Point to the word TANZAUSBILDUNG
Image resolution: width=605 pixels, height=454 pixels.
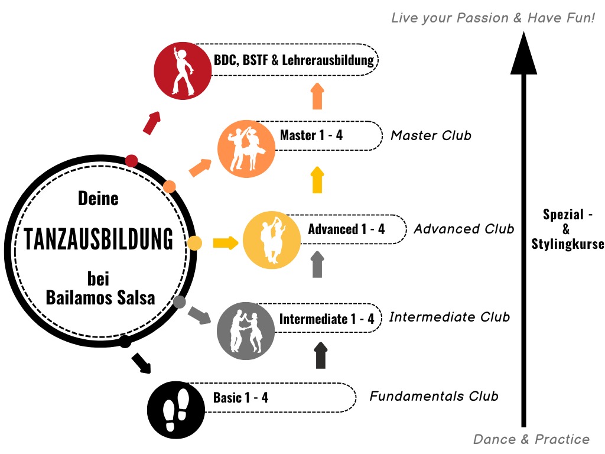click(99, 240)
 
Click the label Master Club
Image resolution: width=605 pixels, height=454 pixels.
click(431, 135)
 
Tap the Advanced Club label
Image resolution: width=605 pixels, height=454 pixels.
click(464, 228)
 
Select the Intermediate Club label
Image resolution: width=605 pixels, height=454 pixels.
click(450, 317)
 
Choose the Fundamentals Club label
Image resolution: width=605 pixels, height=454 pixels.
click(434, 396)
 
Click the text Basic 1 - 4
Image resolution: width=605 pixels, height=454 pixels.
click(240, 398)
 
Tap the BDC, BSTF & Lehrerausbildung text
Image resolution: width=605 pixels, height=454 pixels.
click(294, 60)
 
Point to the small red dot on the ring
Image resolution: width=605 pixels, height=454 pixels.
click(132, 160)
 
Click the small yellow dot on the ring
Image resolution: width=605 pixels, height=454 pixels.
click(194, 242)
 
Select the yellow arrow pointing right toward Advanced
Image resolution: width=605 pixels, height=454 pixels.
click(225, 242)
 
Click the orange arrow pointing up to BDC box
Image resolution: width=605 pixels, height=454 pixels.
click(317, 96)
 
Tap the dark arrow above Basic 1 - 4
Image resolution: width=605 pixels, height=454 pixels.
click(320, 355)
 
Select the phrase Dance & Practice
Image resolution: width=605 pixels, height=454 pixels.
click(531, 439)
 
